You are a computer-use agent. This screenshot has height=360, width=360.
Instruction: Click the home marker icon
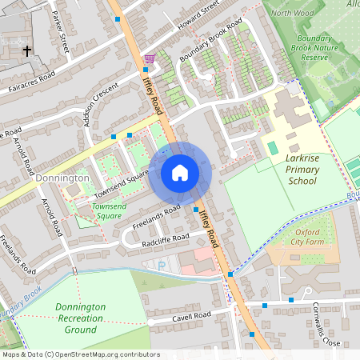180,173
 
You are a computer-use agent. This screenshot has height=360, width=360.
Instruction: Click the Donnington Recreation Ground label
81,318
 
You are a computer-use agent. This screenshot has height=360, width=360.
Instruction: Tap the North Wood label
292,13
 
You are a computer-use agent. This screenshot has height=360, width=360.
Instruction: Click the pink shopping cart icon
150,58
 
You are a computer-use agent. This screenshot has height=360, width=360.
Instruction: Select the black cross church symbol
26,50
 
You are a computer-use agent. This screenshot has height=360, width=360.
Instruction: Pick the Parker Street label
61,36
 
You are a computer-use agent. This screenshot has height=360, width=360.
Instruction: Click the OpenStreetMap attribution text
80,354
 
